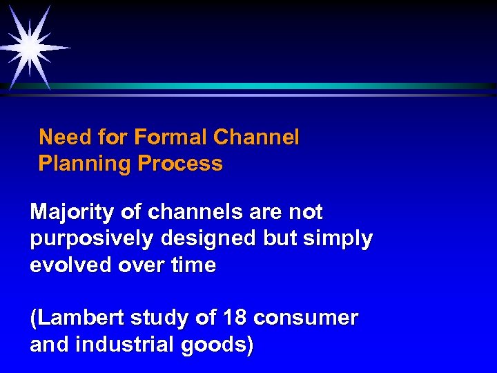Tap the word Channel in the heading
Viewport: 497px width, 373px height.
[x=256, y=137]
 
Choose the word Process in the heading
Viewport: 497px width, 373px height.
[x=180, y=164]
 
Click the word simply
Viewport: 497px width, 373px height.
[x=338, y=239]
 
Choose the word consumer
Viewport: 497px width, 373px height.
[x=306, y=318]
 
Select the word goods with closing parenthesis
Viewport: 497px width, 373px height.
[x=215, y=345]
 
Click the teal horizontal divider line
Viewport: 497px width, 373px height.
[x=276, y=86]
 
